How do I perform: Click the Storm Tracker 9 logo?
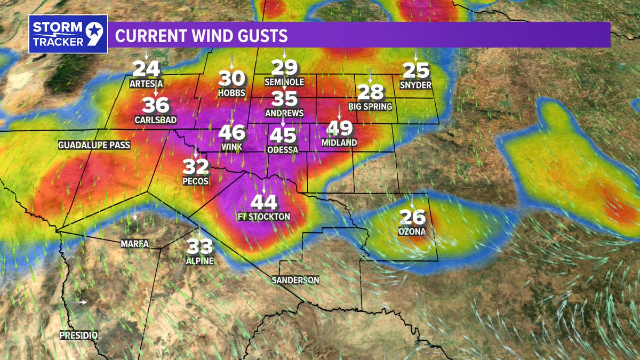pyautogui.click(x=68, y=34)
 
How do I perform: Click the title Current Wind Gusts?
pyautogui.click(x=202, y=36)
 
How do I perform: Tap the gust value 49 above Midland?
pyautogui.click(x=340, y=128)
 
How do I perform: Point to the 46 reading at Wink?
pyautogui.click(x=232, y=132)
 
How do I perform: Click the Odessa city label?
pyautogui.click(x=284, y=150)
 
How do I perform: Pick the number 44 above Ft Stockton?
pyautogui.click(x=264, y=202)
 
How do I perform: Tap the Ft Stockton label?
pyautogui.click(x=264, y=217)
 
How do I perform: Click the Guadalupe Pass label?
pyautogui.click(x=86, y=145)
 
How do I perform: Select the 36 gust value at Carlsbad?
pyautogui.click(x=156, y=105)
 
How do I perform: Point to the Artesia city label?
pyautogui.click(x=146, y=84)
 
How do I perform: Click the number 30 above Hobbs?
pyautogui.click(x=232, y=79)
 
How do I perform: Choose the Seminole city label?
pyautogui.click(x=284, y=82)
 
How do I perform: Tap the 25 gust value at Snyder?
pyautogui.click(x=416, y=70)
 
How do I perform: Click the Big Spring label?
pyautogui.click(x=370, y=107)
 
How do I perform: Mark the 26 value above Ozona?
pyautogui.click(x=413, y=217)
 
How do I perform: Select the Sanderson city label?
pyautogui.click(x=295, y=280)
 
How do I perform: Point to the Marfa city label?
pyautogui.click(x=134, y=244)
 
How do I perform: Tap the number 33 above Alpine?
pyautogui.click(x=200, y=246)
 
